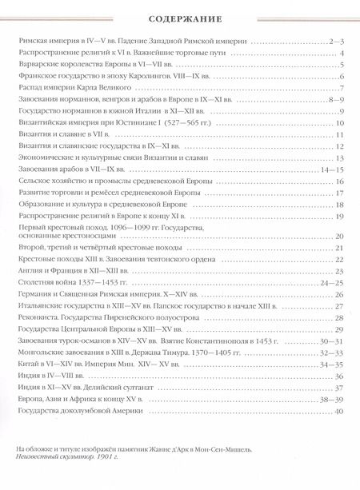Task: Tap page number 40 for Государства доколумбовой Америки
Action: [338, 412]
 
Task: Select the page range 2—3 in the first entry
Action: [334, 40]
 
